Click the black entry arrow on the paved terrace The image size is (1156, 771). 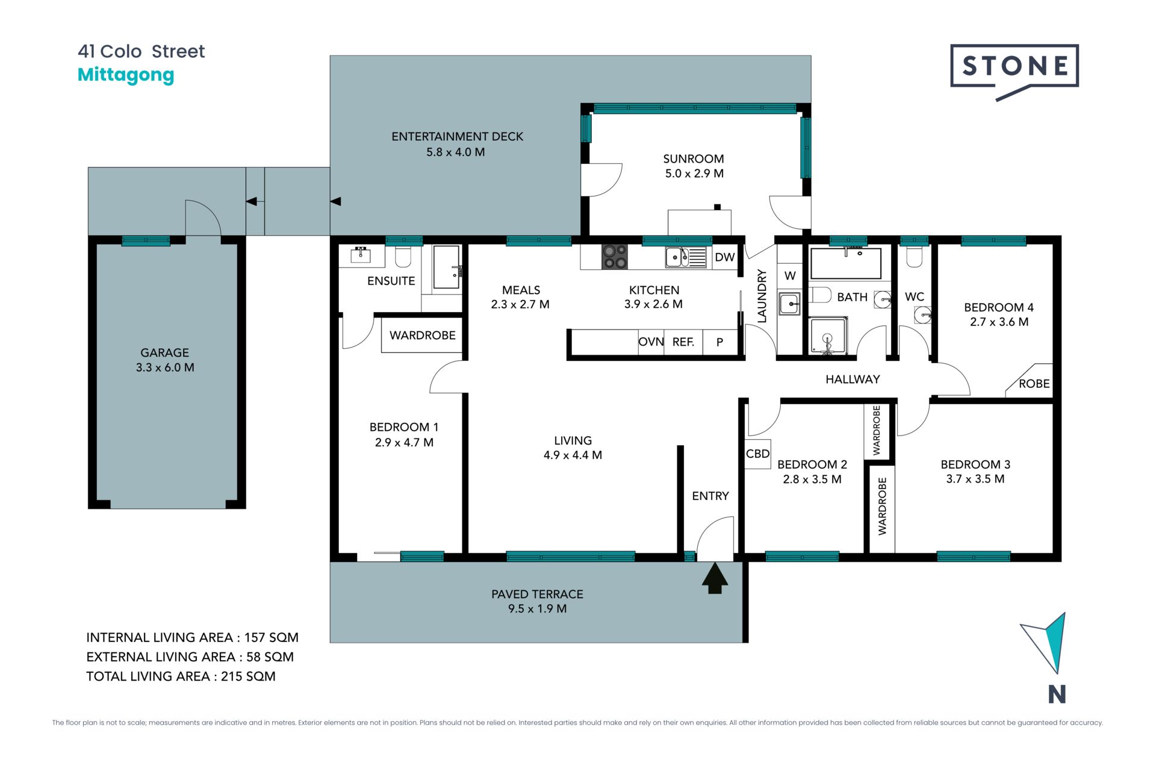715,578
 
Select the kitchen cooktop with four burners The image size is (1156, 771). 615,257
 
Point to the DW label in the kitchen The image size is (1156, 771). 725,257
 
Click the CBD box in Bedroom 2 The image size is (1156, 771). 757,454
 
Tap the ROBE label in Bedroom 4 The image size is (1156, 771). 1034,384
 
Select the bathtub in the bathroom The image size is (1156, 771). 846,263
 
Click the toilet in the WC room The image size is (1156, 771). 914,255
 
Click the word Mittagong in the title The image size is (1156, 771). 126,75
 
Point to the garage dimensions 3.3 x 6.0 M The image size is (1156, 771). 165,367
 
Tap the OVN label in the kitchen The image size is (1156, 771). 651,342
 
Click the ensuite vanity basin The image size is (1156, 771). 361,255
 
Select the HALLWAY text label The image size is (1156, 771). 853,379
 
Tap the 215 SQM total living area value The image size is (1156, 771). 248,676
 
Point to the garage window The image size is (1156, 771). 146,241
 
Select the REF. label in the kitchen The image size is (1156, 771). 683,342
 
